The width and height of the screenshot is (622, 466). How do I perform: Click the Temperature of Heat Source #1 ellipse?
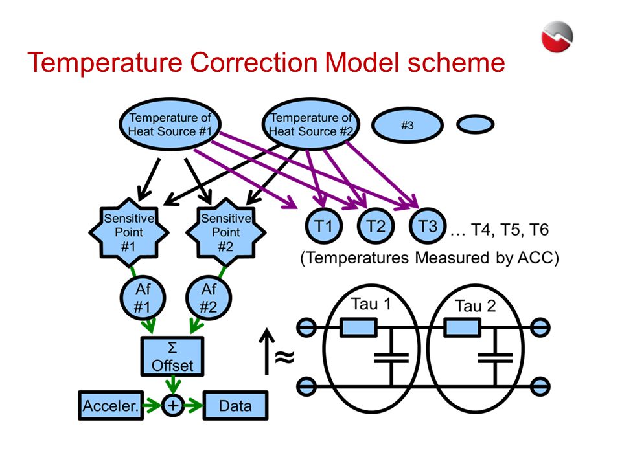point(170,124)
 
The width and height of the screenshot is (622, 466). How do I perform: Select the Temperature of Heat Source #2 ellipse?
point(310,124)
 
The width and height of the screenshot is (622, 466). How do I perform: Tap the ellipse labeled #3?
point(408,125)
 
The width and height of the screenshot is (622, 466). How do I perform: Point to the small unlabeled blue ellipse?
point(475,124)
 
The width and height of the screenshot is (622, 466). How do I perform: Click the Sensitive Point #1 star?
point(129,232)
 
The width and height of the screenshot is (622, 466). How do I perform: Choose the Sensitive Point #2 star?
point(226,232)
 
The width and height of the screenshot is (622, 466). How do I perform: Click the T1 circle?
point(323,226)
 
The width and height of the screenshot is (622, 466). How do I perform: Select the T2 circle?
point(376,226)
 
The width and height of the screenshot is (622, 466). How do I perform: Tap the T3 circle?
point(428,226)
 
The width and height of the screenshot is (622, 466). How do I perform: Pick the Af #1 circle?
point(143,298)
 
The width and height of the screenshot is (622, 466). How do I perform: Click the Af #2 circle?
point(209,298)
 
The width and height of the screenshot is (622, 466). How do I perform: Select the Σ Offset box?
point(172,356)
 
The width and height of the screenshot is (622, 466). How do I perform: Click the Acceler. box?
point(111,405)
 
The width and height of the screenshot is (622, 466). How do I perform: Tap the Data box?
point(236,405)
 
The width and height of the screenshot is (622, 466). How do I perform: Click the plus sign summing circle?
point(173,405)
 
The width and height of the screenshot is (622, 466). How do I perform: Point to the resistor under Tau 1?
point(358,328)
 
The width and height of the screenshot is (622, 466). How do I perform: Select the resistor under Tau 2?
point(463,328)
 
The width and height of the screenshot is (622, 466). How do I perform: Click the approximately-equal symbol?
point(285,357)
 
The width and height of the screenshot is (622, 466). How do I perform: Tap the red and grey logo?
point(557,36)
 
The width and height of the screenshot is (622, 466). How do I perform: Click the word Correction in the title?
point(254,63)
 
